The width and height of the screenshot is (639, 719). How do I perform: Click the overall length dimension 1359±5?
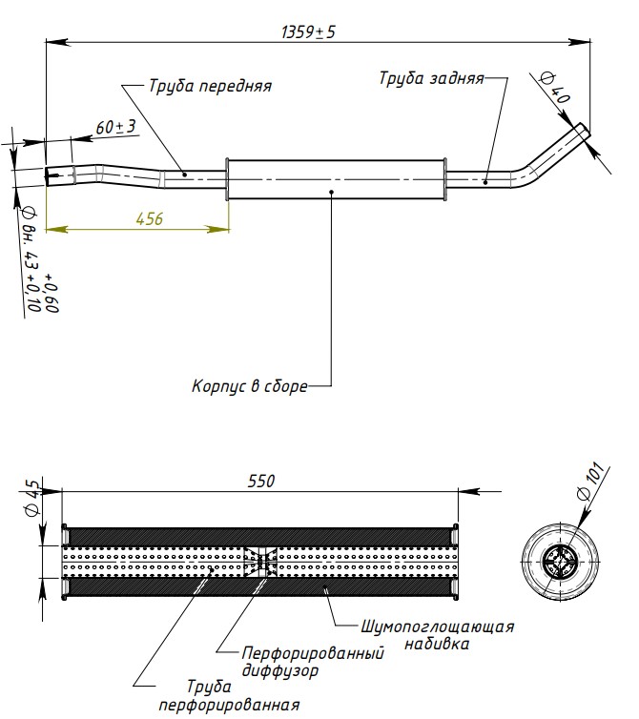point(308,31)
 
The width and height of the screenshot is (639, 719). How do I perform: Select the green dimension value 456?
point(149,218)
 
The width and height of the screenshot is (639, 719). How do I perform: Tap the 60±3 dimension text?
point(116,127)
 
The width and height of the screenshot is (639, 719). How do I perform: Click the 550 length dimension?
point(260,481)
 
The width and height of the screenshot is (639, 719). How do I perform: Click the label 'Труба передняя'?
point(210,86)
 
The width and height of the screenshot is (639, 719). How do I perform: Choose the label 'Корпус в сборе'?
point(249,387)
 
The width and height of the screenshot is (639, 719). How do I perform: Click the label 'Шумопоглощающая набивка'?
point(438,635)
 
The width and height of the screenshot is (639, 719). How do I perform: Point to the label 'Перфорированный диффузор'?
point(313,662)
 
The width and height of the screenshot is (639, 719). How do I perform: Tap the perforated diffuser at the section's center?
point(260,560)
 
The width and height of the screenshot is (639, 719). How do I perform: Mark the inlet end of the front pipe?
point(52,174)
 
